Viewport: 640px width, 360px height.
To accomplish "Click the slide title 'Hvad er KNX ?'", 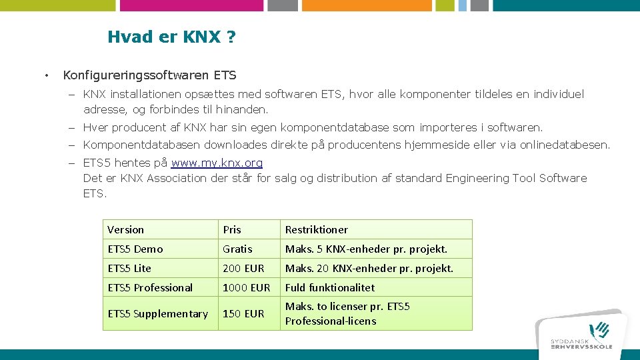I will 171,37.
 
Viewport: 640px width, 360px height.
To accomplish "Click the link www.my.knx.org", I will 217,163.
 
